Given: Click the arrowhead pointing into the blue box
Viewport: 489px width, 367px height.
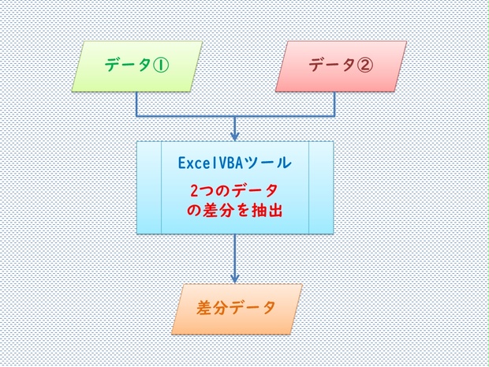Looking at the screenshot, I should point(235,136).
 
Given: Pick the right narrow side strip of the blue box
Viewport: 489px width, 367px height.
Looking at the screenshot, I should point(321,188).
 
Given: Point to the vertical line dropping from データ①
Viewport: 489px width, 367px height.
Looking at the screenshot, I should point(136,103).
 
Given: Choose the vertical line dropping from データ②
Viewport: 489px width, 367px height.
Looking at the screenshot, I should point(335,103).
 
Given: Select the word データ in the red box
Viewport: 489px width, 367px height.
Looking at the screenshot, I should point(327,65).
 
